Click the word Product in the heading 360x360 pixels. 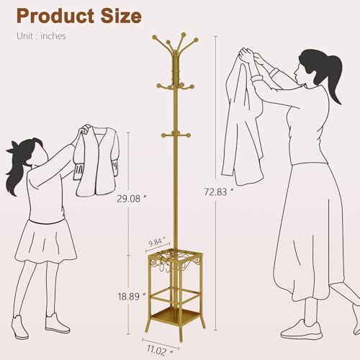tap(55, 16)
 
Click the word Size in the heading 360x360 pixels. tap(121, 16)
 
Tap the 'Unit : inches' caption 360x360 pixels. tap(41, 36)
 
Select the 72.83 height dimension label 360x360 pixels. tap(219, 192)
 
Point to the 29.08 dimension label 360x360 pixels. tap(132, 199)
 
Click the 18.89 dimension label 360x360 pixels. tap(132, 297)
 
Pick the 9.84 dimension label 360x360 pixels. tap(157, 242)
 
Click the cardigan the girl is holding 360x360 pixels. tap(97, 160)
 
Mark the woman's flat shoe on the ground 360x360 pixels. tap(302, 330)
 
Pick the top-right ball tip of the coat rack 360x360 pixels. tap(196, 40)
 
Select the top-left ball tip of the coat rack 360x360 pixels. tap(154, 37)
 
